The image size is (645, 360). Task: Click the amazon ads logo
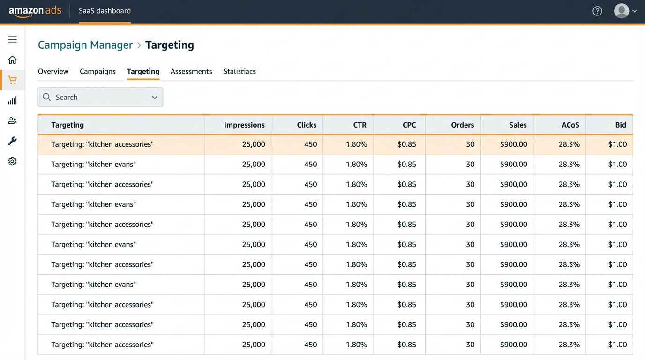[x=35, y=11]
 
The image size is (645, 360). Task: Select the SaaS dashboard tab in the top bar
[x=105, y=11]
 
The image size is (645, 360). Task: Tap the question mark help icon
[x=597, y=11]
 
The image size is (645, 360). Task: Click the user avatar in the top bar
[x=622, y=11]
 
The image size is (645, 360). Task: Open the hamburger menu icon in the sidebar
[x=13, y=39]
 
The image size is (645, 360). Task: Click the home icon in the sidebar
[x=13, y=60]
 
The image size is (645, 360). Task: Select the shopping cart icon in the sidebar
[x=13, y=80]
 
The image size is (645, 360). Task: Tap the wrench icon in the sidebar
[x=13, y=141]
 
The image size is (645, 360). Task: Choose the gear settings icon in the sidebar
[x=13, y=161]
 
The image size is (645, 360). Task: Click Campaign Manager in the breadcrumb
[x=85, y=45]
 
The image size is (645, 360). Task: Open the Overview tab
[x=53, y=71]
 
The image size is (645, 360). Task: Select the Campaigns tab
[x=97, y=71]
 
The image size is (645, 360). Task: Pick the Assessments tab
[x=191, y=71]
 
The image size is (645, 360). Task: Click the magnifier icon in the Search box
[x=47, y=97]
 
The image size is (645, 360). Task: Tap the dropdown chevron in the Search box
[x=155, y=97]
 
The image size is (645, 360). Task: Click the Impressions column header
[x=244, y=125]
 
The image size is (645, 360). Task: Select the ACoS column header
[x=570, y=125]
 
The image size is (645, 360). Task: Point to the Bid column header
[x=621, y=125]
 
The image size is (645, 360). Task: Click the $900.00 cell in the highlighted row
[x=513, y=144]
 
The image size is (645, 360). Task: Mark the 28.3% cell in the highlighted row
[x=569, y=144]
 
